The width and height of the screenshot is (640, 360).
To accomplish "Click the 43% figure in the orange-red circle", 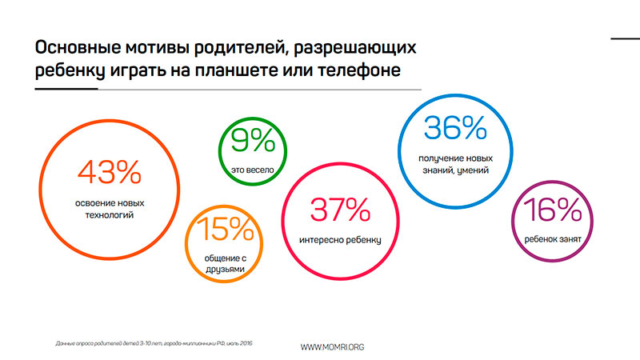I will point(109,172).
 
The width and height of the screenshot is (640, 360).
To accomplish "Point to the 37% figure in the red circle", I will point(340,210).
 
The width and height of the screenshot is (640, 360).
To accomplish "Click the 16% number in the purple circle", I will point(553,210).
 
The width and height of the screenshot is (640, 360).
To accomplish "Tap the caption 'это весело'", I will point(252,170).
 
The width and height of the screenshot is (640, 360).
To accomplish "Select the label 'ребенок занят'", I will point(553,238).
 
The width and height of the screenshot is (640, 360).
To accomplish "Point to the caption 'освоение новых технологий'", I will point(109,210).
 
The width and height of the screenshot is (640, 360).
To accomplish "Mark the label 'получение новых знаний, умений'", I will point(454,165).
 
